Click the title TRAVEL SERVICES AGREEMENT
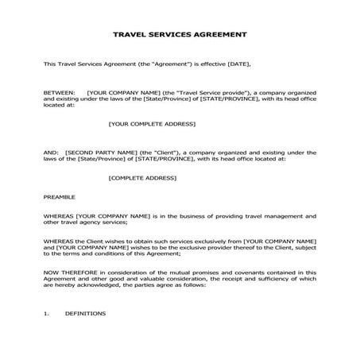[x=180, y=35]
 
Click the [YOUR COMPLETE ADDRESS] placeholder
[x=151, y=123]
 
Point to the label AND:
[x=50, y=151]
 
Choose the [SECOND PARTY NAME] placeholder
[x=107, y=151]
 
